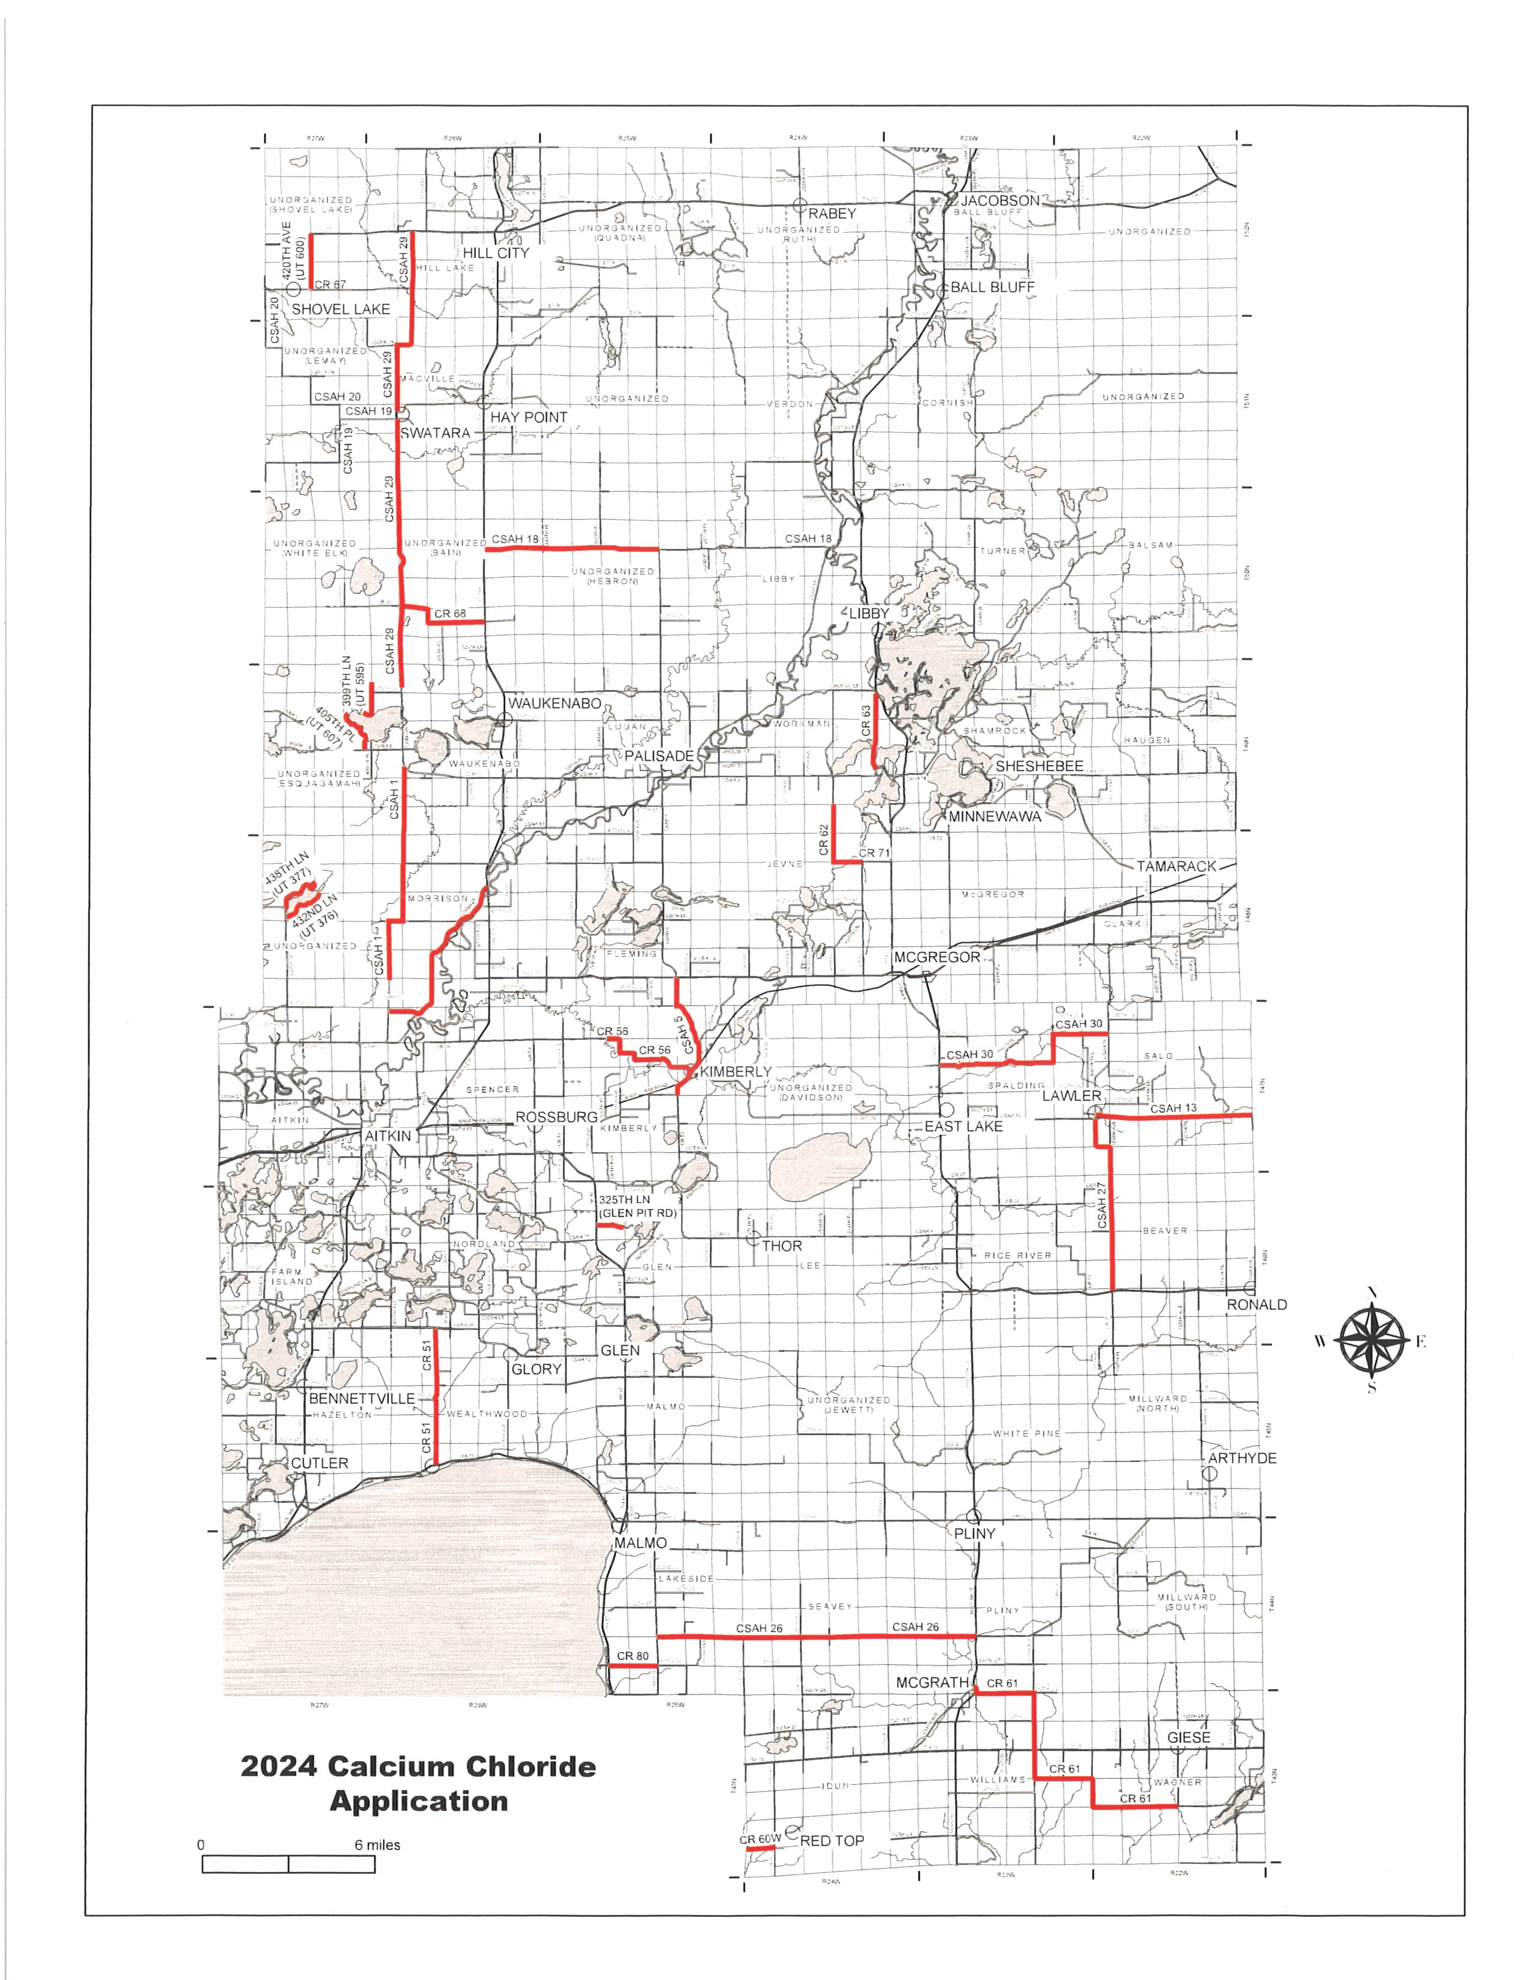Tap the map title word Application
(x=419, y=1801)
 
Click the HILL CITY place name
(x=496, y=253)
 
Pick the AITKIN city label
(x=388, y=1136)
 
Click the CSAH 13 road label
(x=1174, y=1108)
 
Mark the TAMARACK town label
(x=1177, y=867)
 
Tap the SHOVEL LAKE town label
(x=341, y=309)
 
